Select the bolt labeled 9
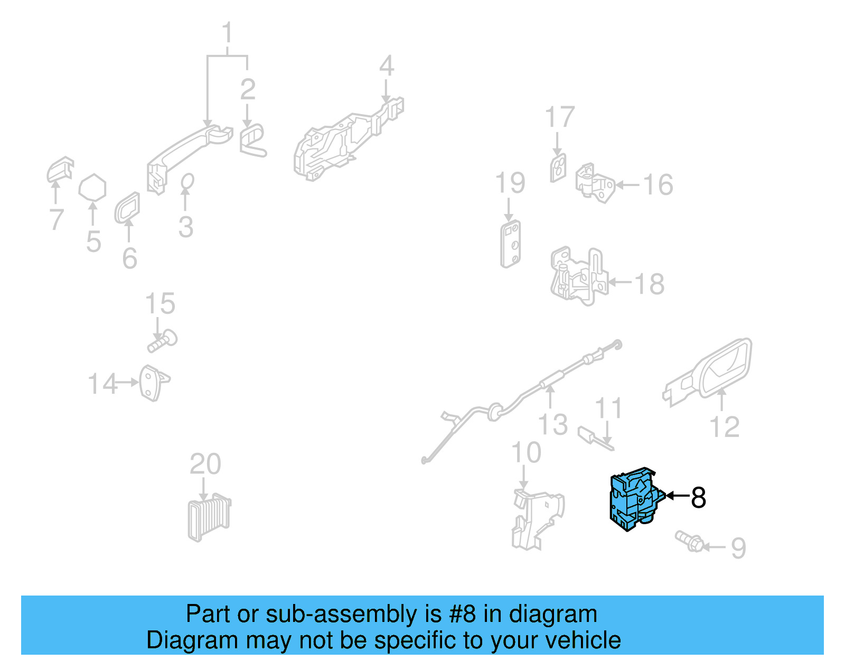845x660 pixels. click(x=689, y=540)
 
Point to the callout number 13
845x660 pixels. click(x=552, y=425)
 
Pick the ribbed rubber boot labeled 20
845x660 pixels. click(x=209, y=517)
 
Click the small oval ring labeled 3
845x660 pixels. click(x=187, y=182)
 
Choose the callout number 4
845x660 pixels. click(x=387, y=66)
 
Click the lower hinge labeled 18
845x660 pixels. click(x=579, y=276)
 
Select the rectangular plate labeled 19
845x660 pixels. click(x=511, y=244)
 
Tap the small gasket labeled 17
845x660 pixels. click(x=558, y=168)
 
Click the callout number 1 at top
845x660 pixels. click(x=228, y=33)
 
